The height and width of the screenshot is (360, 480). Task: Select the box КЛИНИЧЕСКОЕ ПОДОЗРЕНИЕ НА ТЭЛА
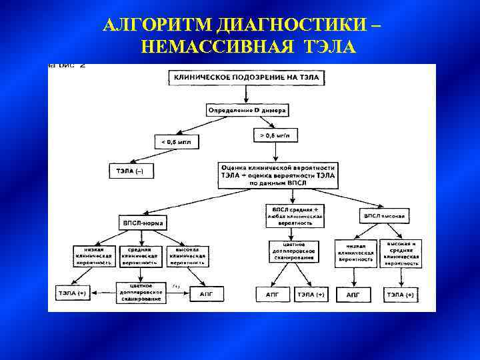click(247, 78)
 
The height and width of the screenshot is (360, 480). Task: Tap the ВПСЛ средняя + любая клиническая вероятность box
click(294, 215)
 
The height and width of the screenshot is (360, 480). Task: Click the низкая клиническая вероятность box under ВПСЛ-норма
click(93, 255)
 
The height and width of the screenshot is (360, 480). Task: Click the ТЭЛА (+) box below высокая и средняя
click(400, 293)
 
